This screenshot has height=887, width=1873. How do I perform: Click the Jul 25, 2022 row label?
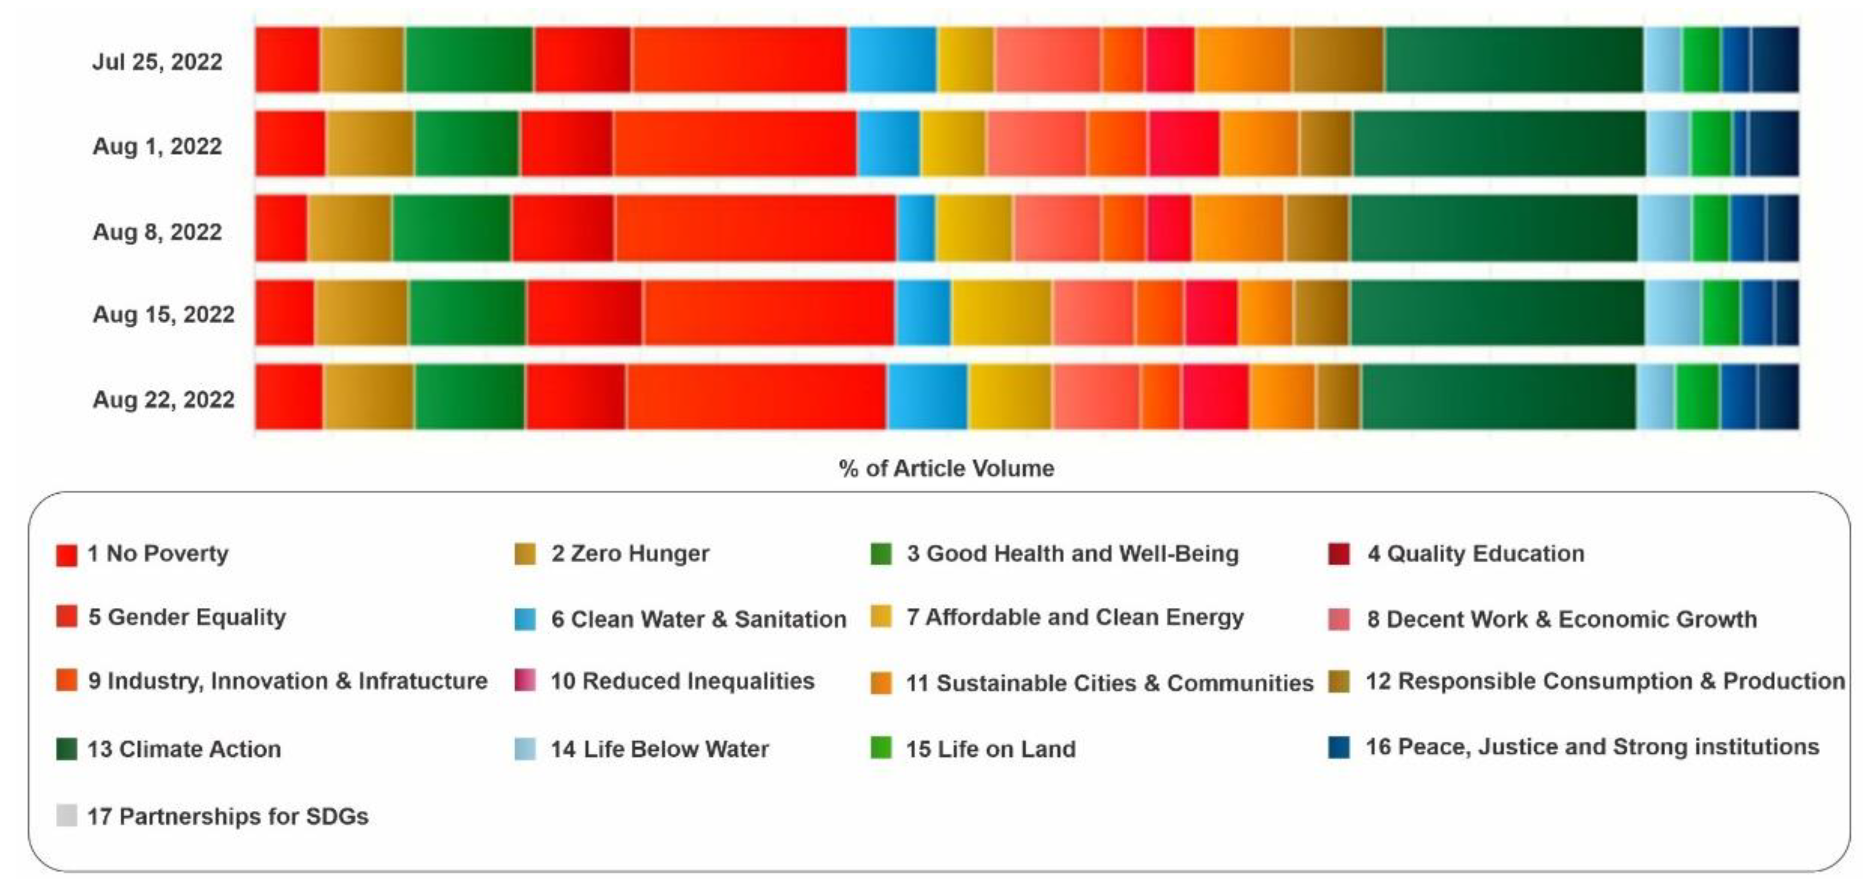coord(157,62)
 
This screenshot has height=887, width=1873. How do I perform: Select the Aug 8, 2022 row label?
coord(157,232)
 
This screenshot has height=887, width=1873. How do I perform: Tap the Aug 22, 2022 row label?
coord(164,399)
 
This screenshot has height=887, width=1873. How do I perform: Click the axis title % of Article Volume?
coord(946,468)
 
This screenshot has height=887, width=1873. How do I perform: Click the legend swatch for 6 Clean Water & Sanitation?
coord(525,620)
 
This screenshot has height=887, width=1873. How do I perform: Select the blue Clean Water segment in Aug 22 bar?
coord(927,397)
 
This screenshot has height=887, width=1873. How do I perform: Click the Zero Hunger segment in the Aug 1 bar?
coord(369,143)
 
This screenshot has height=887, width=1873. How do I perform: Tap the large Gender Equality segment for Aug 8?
coord(755,228)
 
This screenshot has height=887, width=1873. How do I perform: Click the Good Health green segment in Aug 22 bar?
coord(470,397)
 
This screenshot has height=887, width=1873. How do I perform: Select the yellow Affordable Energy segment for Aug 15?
coord(1001,313)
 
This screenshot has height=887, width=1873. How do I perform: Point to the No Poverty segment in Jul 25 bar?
coord(287,59)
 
